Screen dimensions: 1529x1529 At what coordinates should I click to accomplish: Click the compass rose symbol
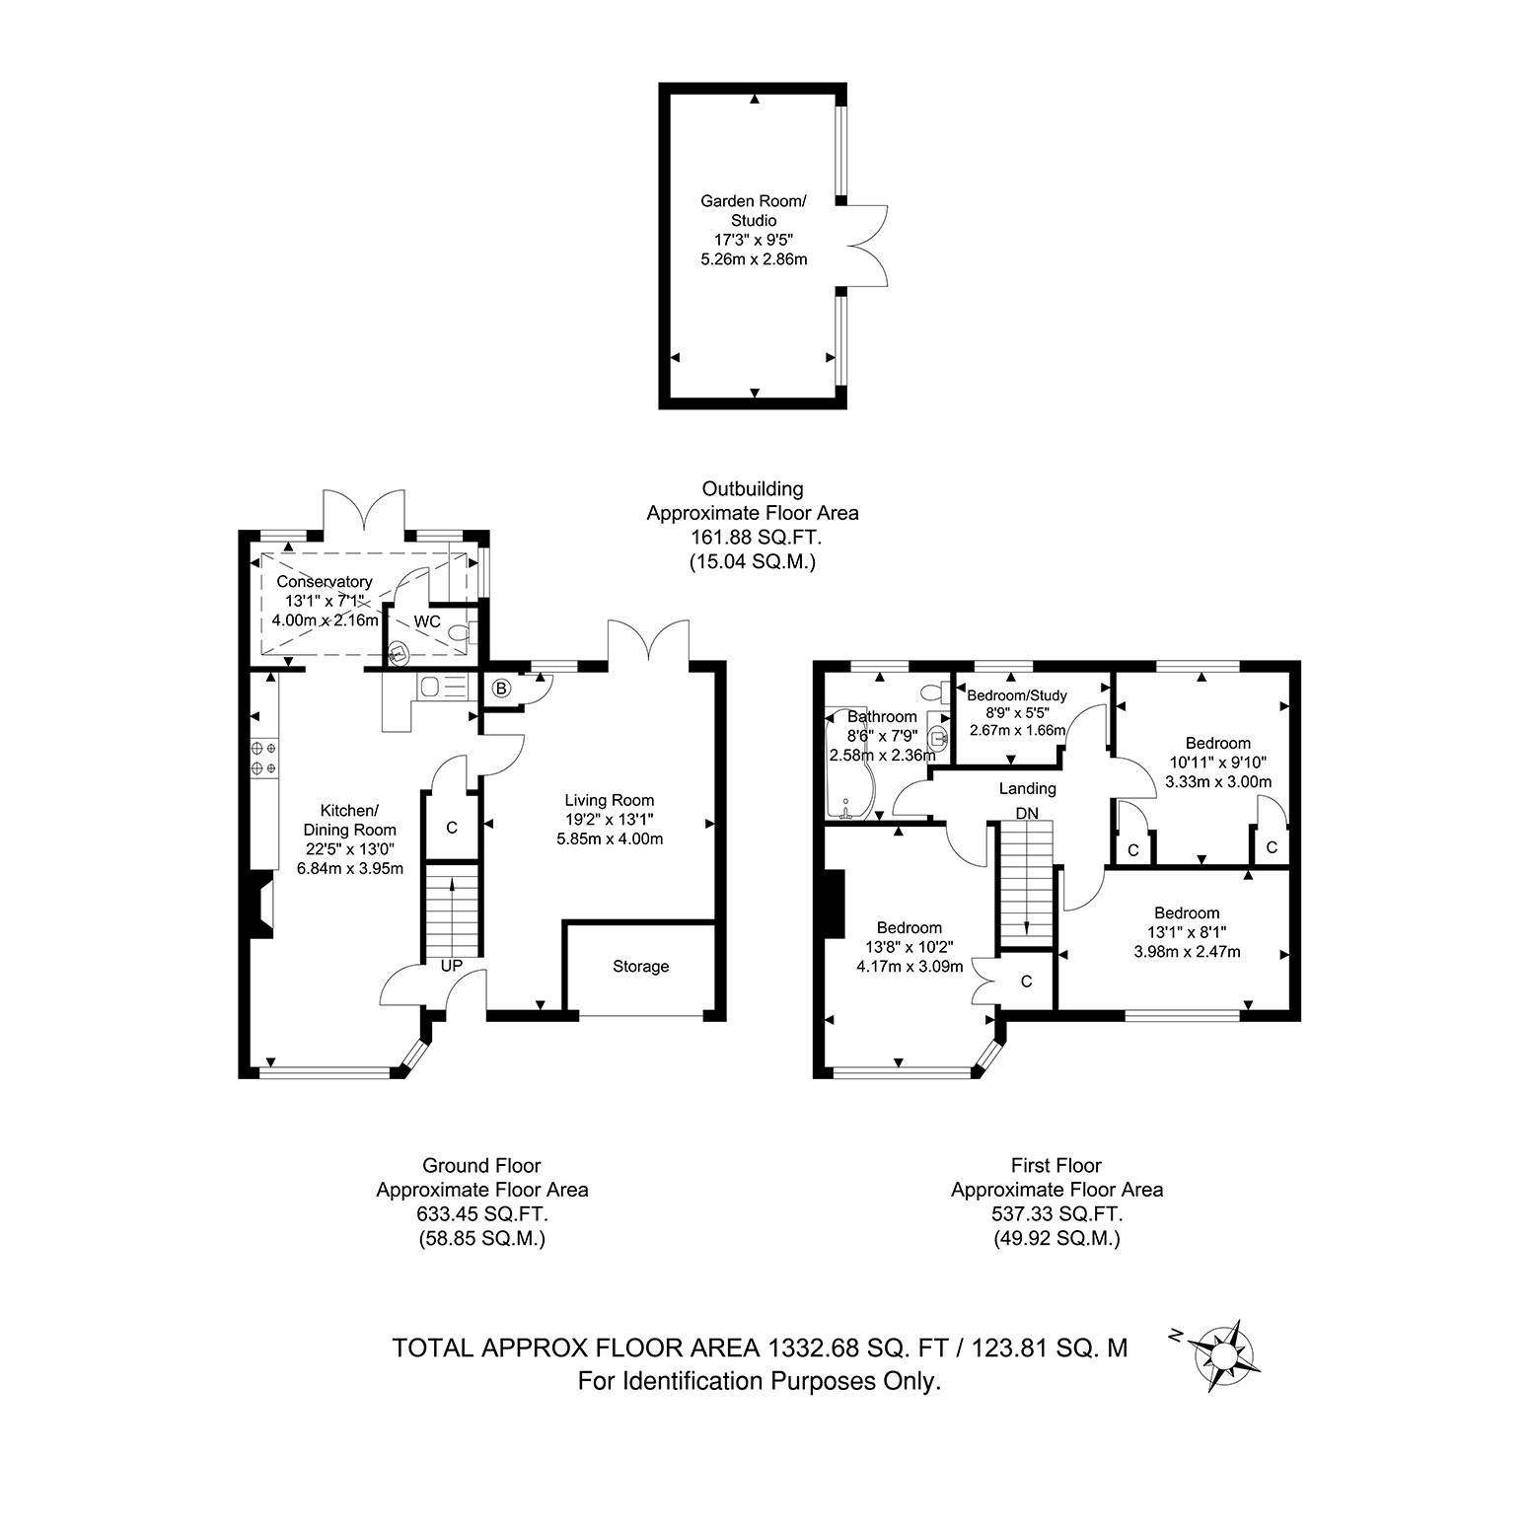[x=1223, y=1355]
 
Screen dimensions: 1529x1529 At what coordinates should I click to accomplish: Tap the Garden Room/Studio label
[x=754, y=211]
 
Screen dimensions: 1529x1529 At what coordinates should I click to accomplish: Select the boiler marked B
[x=501, y=689]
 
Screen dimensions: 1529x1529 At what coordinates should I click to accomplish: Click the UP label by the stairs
[x=452, y=966]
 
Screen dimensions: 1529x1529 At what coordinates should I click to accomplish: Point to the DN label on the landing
[x=1027, y=813]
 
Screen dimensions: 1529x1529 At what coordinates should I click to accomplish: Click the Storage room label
[x=641, y=967]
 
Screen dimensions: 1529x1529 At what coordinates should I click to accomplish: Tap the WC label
[x=427, y=621]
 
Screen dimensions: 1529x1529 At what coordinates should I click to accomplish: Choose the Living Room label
[x=610, y=801]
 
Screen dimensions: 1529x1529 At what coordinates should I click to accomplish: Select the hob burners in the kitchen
[x=264, y=758]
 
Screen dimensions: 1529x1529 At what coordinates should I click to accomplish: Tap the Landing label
[x=1028, y=788]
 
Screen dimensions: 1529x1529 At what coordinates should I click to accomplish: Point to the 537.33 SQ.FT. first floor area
[x=1057, y=1214]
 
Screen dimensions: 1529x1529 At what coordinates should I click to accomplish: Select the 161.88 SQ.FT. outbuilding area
[x=753, y=538]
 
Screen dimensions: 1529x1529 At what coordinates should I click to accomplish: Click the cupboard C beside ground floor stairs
[x=453, y=828]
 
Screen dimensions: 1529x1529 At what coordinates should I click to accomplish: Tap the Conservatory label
[x=325, y=582]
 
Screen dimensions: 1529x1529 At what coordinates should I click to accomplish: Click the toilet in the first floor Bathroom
[x=933, y=691]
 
